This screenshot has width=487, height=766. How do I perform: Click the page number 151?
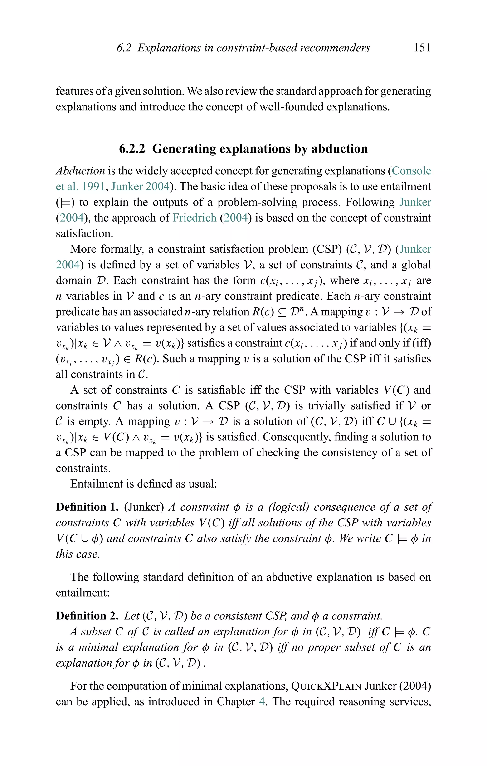point(422,48)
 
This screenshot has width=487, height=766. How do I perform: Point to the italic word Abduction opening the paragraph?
point(80,171)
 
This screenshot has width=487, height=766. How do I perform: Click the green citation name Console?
point(411,171)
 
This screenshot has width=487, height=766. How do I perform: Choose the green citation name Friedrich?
point(194,218)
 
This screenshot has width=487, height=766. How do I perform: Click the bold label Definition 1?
point(87,507)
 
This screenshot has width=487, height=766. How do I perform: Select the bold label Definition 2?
point(87,616)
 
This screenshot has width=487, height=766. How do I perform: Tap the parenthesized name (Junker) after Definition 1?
point(144,507)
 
